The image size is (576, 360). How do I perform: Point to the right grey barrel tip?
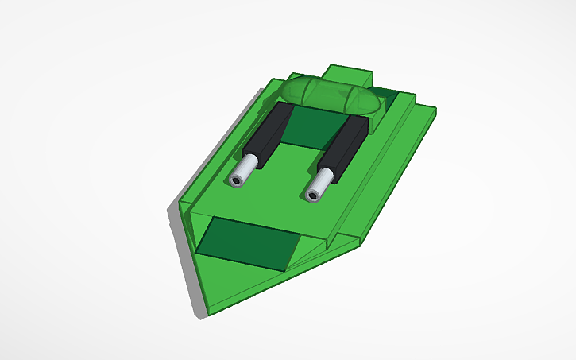[320, 185]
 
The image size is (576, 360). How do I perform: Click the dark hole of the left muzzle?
[237, 181]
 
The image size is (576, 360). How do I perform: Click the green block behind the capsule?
[350, 74]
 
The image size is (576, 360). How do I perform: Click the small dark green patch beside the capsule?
[387, 100]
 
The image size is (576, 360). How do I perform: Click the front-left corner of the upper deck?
[187, 207]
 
